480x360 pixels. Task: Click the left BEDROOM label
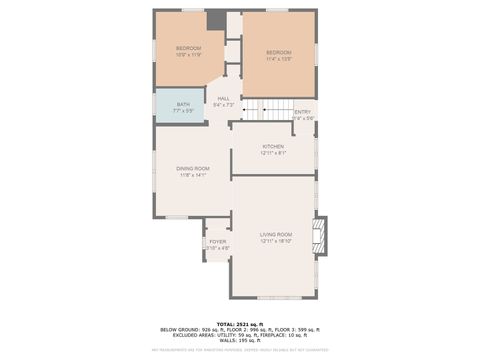[189, 48]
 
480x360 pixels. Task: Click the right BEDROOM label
[278, 52]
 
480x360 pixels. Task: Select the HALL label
[224, 98]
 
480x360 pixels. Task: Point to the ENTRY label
[302, 112]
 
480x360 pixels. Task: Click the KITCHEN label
[273, 146]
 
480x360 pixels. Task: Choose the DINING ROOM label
[193, 168]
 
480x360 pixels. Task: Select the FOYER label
[217, 242]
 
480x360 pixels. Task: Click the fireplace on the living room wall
[320, 235]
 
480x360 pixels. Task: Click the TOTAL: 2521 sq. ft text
[240, 325]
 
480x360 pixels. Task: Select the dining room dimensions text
[193, 175]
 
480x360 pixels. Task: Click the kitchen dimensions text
[273, 153]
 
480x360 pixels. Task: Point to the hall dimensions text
[224, 104]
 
